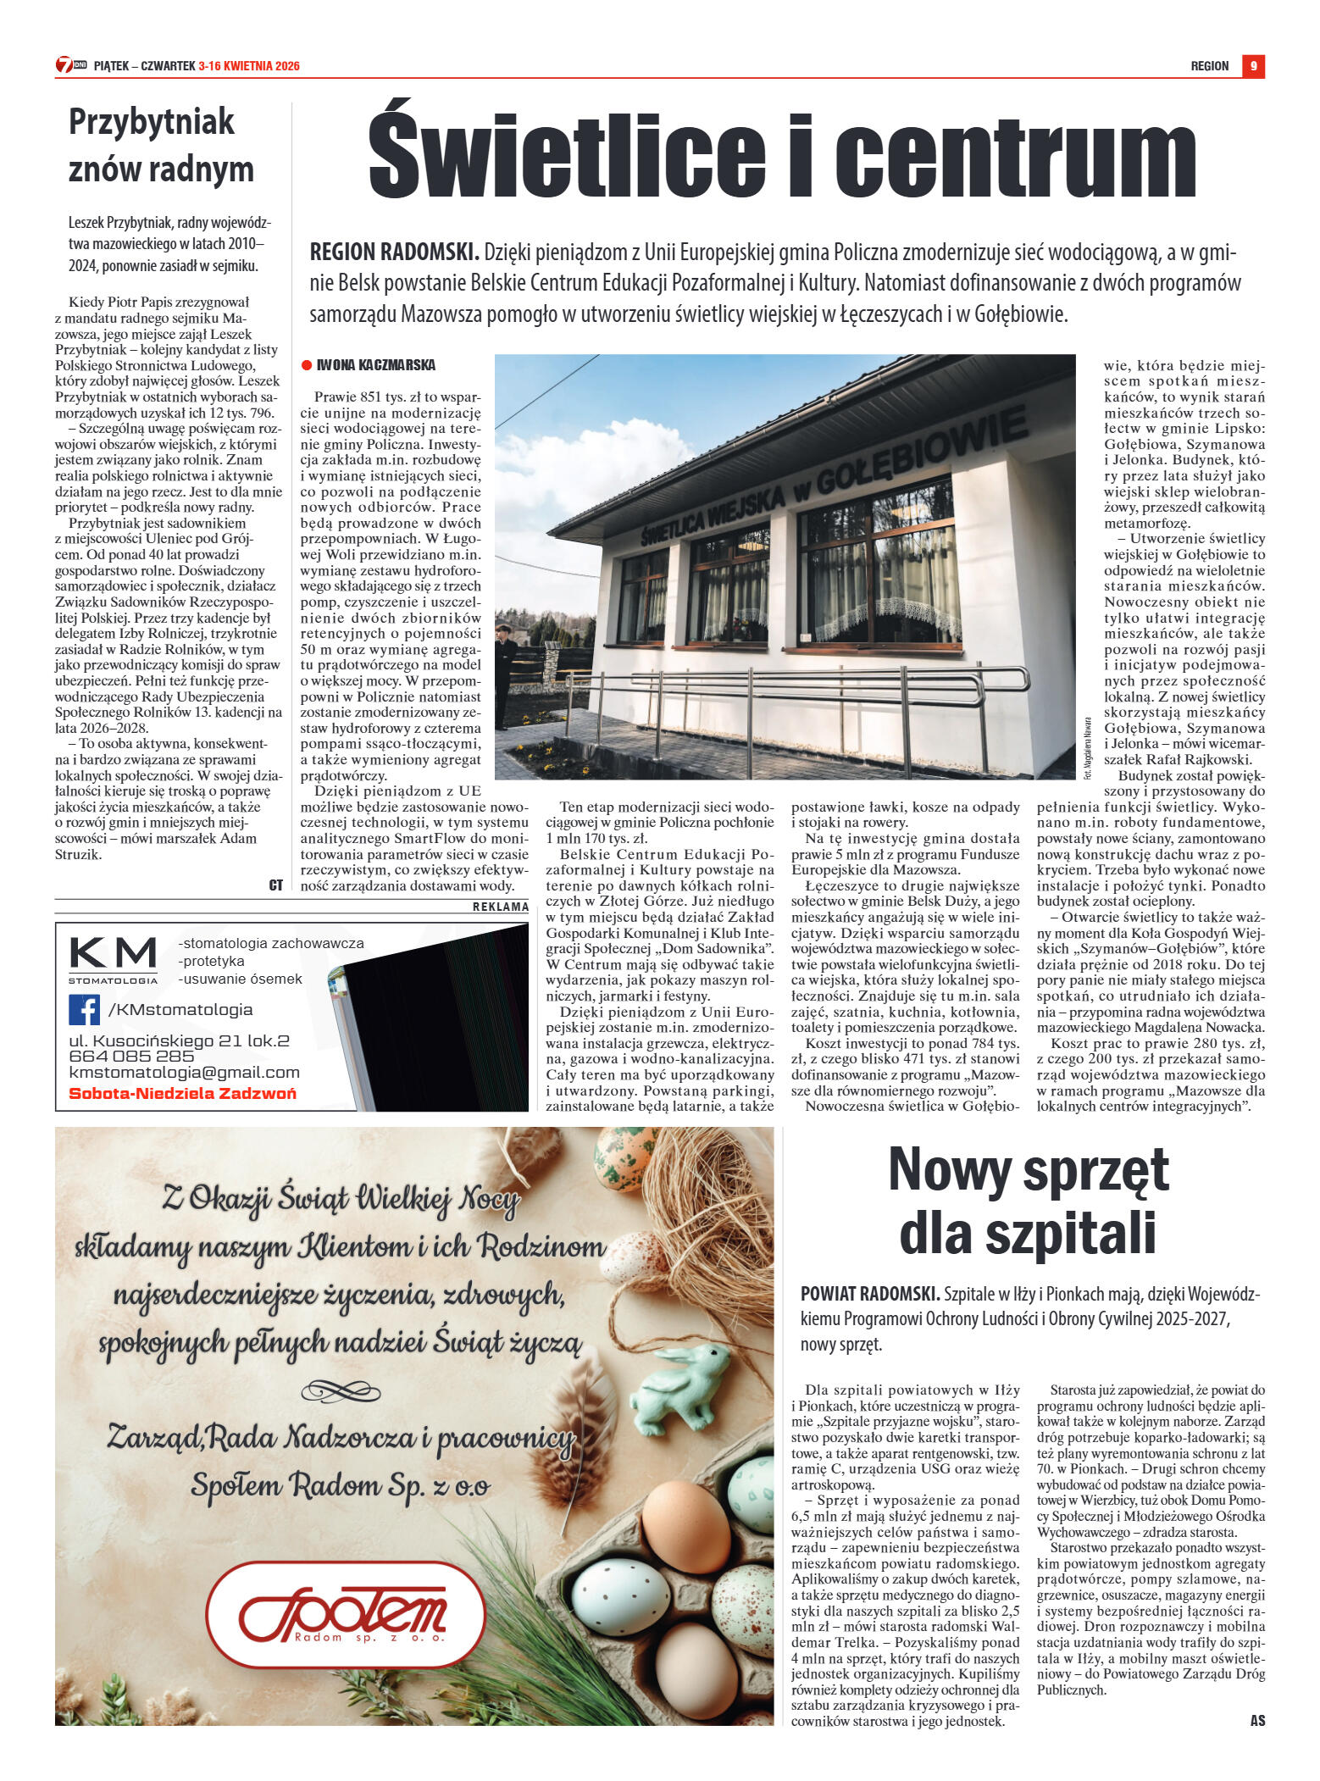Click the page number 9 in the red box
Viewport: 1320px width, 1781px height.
coord(1253,66)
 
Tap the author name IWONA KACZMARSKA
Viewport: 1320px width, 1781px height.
coord(375,365)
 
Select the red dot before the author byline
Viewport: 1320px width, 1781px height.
coord(307,365)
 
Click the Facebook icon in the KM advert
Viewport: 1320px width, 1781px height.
coord(84,1009)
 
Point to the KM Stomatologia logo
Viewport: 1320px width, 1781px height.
coord(113,959)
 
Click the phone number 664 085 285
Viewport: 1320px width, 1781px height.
coord(131,1057)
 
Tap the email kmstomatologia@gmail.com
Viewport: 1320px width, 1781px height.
coord(184,1073)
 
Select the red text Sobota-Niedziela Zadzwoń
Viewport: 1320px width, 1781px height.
coord(182,1093)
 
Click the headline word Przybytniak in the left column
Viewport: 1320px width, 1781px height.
coord(152,122)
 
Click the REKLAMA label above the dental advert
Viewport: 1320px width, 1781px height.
coord(500,907)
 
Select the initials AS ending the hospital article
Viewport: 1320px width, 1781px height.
coord(1257,1720)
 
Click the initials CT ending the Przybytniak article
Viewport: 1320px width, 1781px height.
coord(275,885)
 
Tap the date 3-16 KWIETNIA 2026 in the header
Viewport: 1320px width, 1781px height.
coord(249,66)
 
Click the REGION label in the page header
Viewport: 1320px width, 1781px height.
coord(1209,66)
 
